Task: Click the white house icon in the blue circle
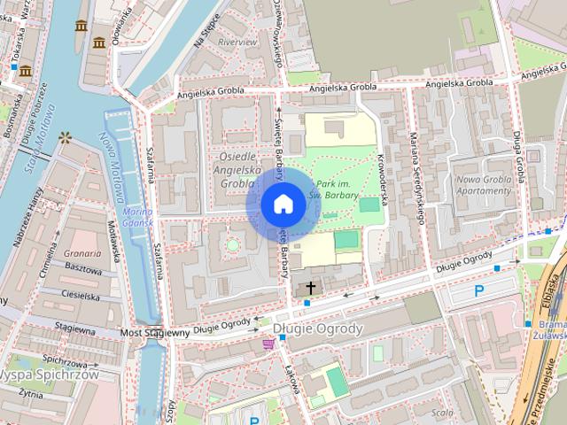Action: click(283, 205)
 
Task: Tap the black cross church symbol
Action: click(311, 288)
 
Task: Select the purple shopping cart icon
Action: click(268, 344)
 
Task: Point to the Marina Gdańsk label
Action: click(138, 216)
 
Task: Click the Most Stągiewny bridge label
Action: click(154, 334)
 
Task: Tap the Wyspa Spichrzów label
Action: click(49, 375)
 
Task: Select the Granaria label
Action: click(82, 251)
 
